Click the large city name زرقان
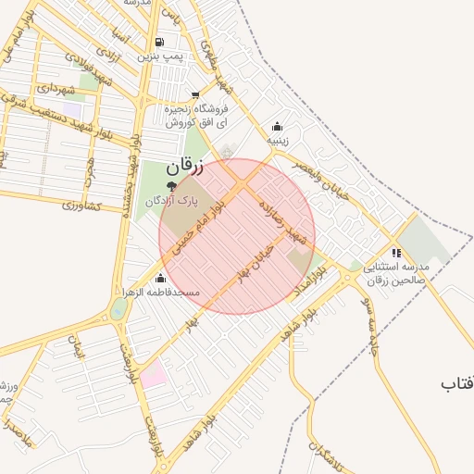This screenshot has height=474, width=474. tap(184, 168)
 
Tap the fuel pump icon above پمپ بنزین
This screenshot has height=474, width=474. tap(160, 42)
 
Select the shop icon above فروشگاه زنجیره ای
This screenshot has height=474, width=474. tap(194, 94)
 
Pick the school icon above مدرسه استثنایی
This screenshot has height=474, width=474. tap(396, 253)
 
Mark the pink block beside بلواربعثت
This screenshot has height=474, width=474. tap(153, 375)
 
